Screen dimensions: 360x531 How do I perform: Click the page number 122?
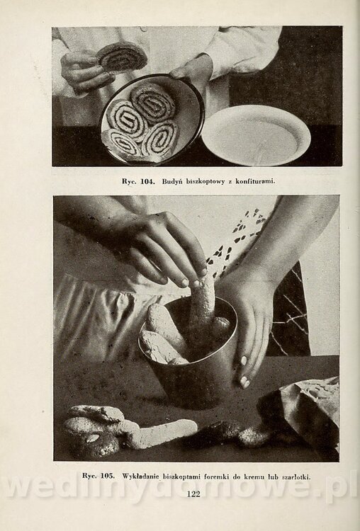click(193, 493)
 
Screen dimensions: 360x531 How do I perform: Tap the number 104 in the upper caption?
click(147, 181)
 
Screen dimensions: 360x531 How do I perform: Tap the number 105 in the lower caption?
click(107, 476)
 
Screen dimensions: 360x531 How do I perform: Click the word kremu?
click(251, 476)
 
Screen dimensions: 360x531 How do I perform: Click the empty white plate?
click(256, 135)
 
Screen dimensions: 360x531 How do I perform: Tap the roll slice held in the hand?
click(122, 57)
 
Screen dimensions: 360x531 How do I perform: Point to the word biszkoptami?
click(181, 476)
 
